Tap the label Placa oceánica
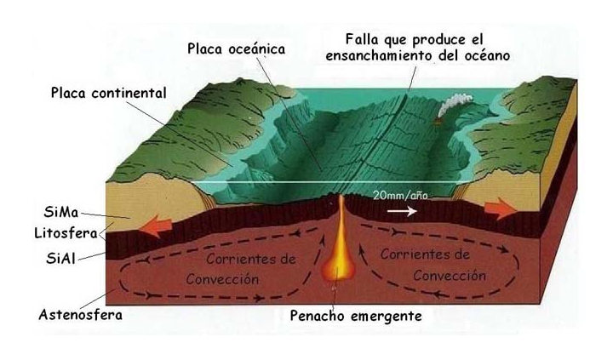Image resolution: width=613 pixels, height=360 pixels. [x=236, y=49]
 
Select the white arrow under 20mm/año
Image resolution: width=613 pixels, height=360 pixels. [x=400, y=211]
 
